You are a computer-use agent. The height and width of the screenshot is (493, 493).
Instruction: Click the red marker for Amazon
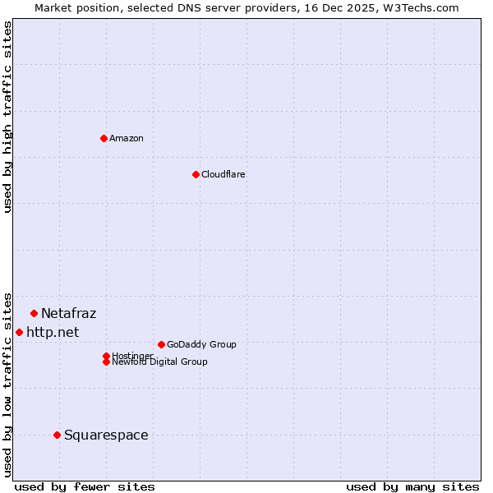point(104,138)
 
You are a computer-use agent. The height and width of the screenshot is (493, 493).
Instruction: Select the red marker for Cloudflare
point(196,174)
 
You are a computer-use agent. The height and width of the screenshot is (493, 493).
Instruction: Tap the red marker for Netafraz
point(34,313)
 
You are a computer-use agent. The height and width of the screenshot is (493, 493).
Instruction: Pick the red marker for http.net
point(19,332)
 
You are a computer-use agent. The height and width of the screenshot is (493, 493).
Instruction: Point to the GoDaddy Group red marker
point(161,344)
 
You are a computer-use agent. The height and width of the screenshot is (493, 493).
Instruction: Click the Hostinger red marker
point(106,356)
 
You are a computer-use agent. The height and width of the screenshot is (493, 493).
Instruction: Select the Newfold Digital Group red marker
point(106,362)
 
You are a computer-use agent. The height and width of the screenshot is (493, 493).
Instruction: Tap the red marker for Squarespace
point(57,435)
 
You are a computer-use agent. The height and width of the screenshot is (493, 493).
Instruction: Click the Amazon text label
point(127,138)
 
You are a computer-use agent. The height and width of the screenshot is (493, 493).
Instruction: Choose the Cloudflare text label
point(223,174)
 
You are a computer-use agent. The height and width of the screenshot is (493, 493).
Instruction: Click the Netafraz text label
point(68,313)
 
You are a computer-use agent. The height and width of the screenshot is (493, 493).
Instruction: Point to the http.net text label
point(53,332)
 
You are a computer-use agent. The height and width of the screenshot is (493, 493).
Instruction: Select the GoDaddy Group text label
point(201,344)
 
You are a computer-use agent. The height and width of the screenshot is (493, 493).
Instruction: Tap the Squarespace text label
point(106,435)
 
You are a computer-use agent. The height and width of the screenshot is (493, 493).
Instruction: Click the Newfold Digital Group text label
point(159,362)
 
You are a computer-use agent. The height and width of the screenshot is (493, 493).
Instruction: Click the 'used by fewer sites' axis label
point(85,486)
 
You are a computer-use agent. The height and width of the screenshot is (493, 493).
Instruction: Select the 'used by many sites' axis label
point(412,486)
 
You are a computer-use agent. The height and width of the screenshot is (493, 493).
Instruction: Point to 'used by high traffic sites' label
point(7,117)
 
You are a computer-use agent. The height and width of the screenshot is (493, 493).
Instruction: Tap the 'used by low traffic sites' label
point(7,384)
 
